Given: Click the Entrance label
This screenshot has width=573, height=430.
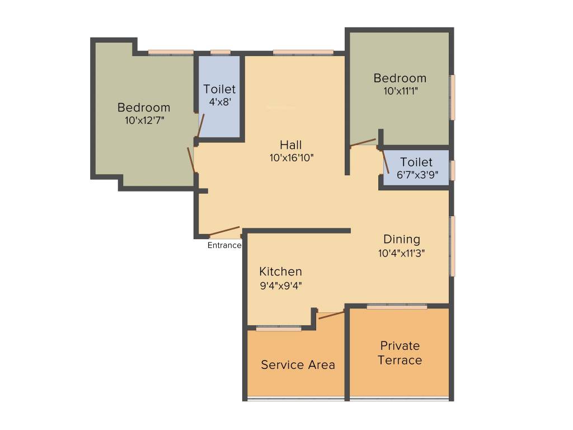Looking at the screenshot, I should (x=224, y=245).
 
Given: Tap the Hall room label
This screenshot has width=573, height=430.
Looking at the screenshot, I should (x=291, y=146).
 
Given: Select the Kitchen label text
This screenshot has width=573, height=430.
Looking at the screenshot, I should (x=280, y=272).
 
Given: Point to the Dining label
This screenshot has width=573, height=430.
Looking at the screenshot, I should (x=402, y=240).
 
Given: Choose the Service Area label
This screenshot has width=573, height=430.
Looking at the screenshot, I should (x=298, y=365).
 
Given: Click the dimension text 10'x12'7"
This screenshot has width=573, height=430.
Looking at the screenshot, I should (x=144, y=119).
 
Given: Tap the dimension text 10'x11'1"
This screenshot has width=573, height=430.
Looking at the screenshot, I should (x=400, y=90).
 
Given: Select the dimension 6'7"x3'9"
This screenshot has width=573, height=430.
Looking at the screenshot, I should (x=416, y=174).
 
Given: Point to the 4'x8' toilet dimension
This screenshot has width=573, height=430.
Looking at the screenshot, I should (x=220, y=101).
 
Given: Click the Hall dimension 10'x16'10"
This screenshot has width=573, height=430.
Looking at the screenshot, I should (x=291, y=158).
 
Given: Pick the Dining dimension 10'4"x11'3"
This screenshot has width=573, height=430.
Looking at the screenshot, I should (x=402, y=253).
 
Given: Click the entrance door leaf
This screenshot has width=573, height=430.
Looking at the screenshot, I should (x=224, y=231).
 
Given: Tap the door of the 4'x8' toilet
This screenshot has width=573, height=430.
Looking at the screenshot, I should (x=201, y=125).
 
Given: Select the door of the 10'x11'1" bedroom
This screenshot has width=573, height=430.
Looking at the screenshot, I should (x=363, y=143).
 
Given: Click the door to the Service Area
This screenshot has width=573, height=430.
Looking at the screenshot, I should (x=331, y=315).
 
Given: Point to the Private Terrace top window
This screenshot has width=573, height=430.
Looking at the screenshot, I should (x=397, y=307).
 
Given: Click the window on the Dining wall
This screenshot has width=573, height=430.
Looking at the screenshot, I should (x=453, y=246).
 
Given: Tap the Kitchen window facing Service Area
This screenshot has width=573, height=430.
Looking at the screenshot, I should (x=279, y=329).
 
